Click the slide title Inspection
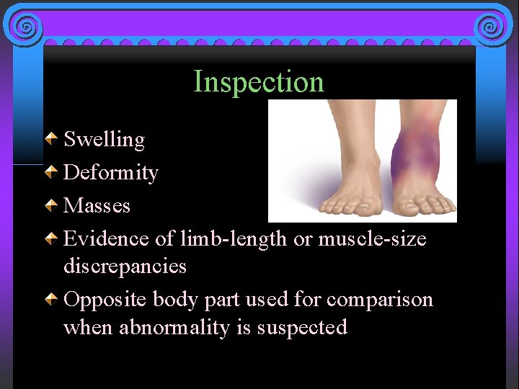coord(259,81)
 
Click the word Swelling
coord(105,139)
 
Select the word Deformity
coord(111,173)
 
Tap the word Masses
coord(97,205)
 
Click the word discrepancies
coord(125,266)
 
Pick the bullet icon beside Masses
coord(52,205)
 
